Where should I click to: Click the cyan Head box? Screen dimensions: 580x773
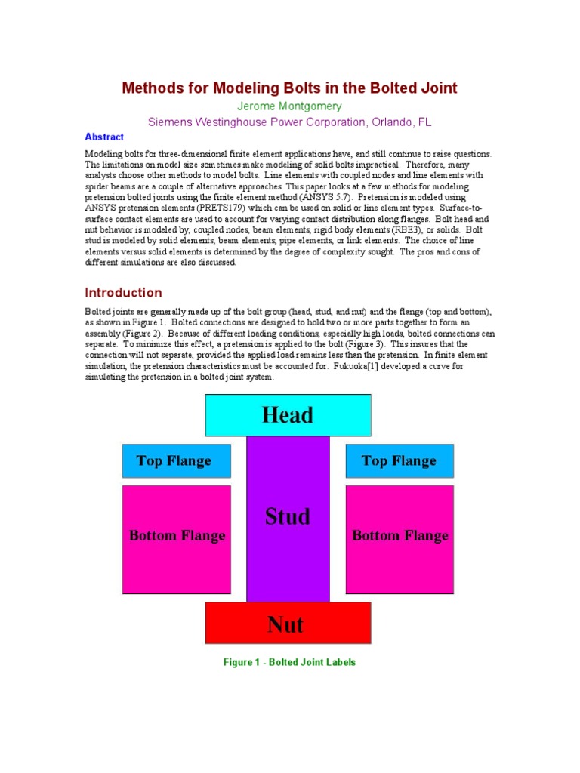[x=288, y=414]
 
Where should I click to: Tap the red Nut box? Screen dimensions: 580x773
[x=288, y=624]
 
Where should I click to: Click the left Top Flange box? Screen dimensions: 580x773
[x=176, y=460]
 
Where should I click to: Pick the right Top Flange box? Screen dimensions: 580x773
[x=400, y=460]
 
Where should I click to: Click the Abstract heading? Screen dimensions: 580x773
[x=104, y=137]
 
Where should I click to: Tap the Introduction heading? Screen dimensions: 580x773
[x=123, y=293]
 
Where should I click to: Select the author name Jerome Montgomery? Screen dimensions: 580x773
[x=289, y=106]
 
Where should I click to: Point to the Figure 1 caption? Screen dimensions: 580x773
[x=289, y=662]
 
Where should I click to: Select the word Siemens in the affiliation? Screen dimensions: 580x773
[x=170, y=122]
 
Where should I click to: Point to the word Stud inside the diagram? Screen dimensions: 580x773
[x=288, y=517]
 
